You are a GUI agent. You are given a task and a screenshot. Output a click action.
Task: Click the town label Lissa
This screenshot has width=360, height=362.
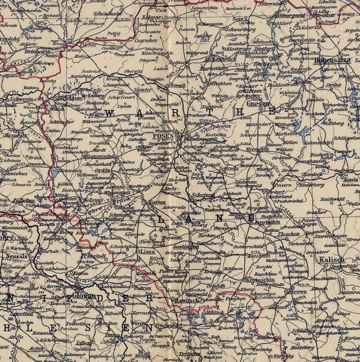(147, 251)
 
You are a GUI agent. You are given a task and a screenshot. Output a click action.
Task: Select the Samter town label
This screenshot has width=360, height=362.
(143, 89)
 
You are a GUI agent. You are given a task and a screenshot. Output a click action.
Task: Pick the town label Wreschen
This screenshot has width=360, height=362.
(257, 150)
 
